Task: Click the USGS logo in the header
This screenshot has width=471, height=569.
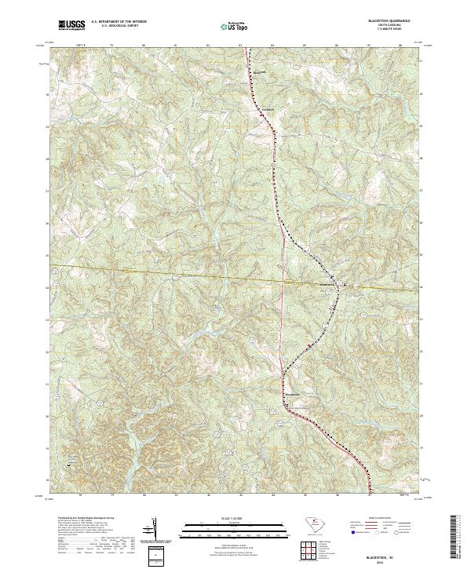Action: click(71, 25)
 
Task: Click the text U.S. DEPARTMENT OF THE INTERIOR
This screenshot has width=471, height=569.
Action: click(120, 22)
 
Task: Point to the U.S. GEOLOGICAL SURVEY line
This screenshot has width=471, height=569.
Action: click(119, 26)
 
